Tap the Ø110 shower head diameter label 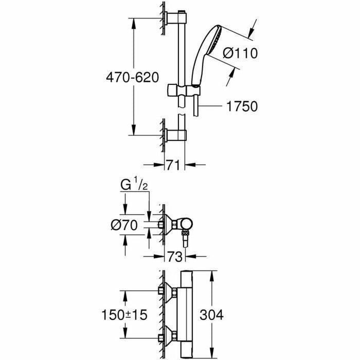240,53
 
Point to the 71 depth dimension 173,165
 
